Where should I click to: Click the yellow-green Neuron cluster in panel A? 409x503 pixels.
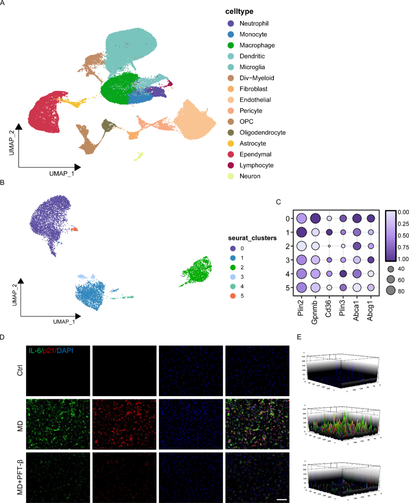(139, 156)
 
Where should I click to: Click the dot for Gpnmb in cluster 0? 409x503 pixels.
(315, 219)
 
